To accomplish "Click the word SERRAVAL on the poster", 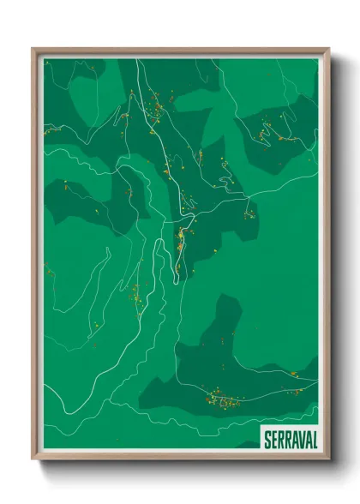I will click(289, 437).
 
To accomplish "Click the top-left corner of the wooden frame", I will click(33, 49).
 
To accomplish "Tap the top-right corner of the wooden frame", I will click(328, 49).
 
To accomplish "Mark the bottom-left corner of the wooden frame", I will click(33, 458).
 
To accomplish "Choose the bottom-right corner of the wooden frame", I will click(328, 458).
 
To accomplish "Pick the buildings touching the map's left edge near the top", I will click(51, 129).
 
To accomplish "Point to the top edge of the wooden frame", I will click(180, 51).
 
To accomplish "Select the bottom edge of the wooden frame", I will click(180, 456).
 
